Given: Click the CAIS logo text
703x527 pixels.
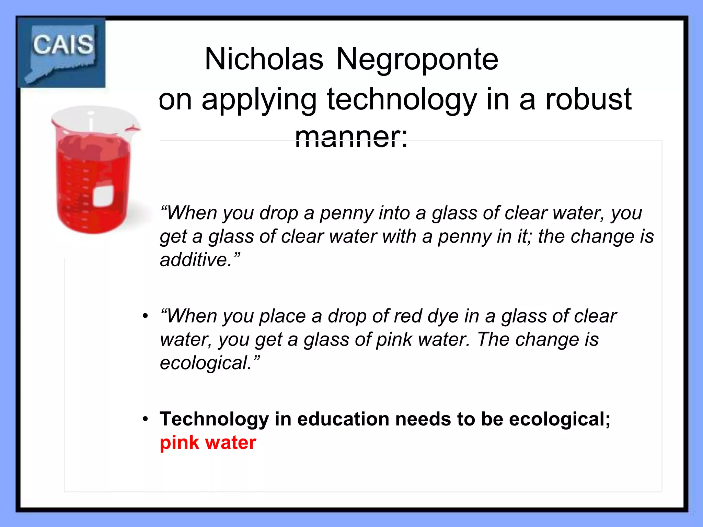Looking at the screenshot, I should (63, 45).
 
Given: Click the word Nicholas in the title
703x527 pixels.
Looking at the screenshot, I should (264, 59).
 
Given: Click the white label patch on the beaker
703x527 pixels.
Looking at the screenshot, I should (103, 196).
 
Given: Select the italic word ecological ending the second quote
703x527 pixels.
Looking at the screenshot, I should (205, 363).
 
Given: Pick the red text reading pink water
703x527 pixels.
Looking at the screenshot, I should (208, 443).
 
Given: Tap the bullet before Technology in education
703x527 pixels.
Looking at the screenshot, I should (146, 419).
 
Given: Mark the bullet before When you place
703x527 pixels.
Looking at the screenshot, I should (146, 316).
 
